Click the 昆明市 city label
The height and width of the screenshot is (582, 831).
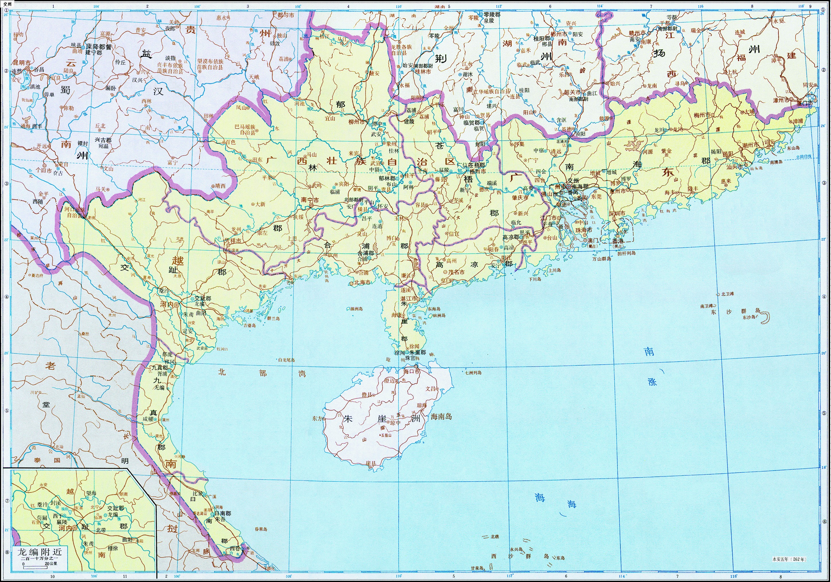[22, 62]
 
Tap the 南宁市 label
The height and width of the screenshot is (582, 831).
[310, 200]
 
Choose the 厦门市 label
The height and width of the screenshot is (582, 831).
[804, 103]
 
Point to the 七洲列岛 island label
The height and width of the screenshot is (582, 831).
[473, 373]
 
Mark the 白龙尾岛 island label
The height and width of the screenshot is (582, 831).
[286, 360]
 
